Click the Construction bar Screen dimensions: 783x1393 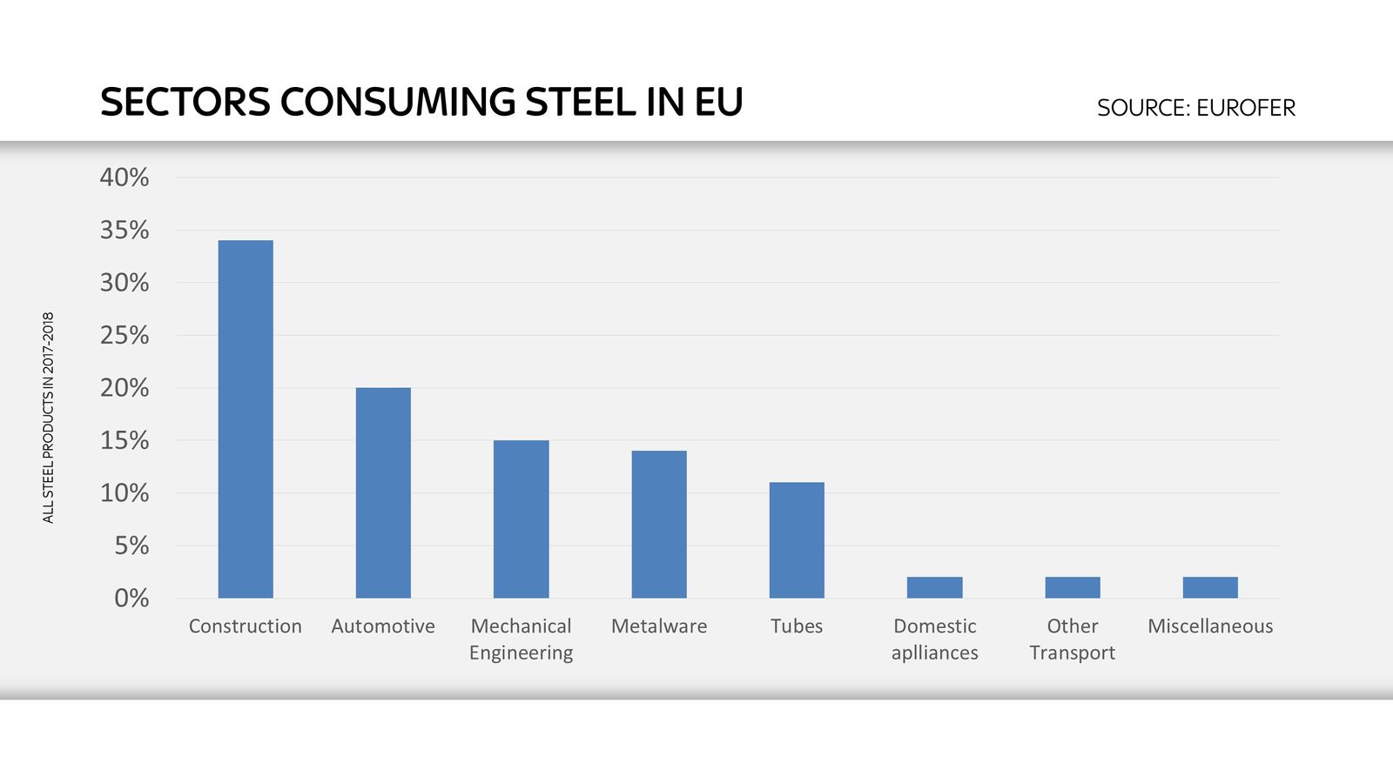click(x=246, y=418)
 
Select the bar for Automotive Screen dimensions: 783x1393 click(x=383, y=492)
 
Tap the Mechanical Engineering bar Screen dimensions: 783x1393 click(x=521, y=519)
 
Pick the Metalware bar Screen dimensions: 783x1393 click(x=659, y=524)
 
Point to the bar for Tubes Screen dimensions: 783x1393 click(x=797, y=539)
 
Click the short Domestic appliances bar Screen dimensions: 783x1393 click(x=934, y=587)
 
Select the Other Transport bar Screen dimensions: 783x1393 click(x=1073, y=587)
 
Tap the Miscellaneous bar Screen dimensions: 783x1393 click(x=1210, y=587)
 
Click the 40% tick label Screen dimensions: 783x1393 click(x=124, y=177)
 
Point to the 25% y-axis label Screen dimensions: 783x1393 click(x=124, y=335)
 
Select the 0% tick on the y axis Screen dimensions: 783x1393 click(x=131, y=599)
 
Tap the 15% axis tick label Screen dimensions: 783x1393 click(x=124, y=440)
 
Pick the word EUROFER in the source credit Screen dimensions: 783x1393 click(x=1245, y=108)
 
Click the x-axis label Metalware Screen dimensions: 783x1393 click(x=659, y=626)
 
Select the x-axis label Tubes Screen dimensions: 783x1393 click(x=797, y=626)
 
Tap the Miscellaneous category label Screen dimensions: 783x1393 click(x=1210, y=626)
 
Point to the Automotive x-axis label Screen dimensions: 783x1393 click(x=383, y=626)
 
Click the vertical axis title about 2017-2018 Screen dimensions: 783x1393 click(x=48, y=418)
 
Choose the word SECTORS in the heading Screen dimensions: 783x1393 click(x=185, y=103)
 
